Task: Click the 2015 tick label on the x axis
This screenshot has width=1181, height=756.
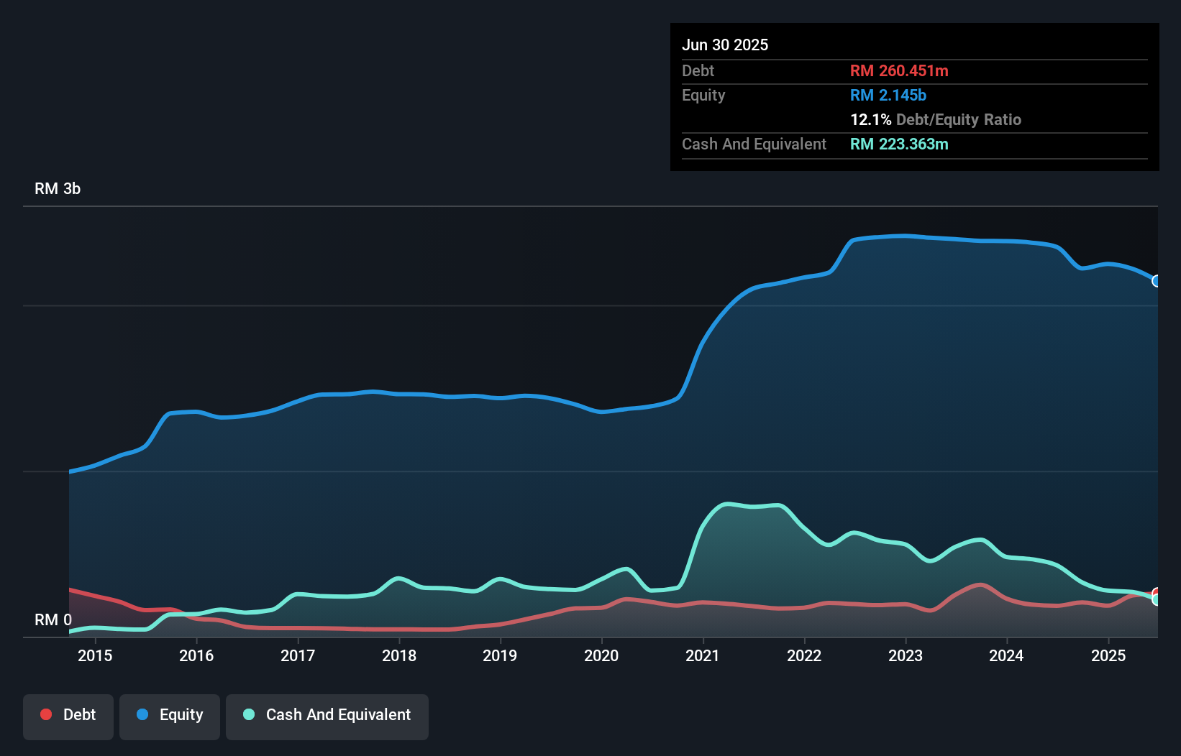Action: pos(95,655)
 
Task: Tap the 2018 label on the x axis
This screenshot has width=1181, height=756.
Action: pos(399,655)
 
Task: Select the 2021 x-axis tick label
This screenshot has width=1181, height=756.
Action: pos(703,655)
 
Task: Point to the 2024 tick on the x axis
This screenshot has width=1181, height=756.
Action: pos(1006,655)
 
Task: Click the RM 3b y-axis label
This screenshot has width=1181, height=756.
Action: pos(58,189)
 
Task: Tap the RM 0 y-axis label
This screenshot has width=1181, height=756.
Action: pos(53,619)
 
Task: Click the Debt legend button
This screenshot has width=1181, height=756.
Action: pos(68,715)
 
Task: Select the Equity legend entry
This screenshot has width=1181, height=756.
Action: pos(170,715)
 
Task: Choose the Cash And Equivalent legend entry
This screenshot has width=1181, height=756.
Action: pos(327,715)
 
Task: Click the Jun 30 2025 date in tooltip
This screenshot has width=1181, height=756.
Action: pos(725,45)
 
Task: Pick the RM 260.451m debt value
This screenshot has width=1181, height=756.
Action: pos(899,71)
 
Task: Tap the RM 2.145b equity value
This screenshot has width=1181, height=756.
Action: pos(888,96)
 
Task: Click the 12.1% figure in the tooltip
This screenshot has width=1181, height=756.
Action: pos(870,120)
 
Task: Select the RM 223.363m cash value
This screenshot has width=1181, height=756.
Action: pos(899,144)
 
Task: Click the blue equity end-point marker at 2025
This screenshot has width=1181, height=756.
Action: pos(1156,281)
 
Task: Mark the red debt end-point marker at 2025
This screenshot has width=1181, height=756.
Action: pos(1157,594)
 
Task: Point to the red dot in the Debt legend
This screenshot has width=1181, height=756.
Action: pos(46,714)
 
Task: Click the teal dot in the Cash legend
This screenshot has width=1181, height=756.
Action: pos(249,714)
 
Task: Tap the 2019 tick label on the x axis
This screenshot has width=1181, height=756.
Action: pos(500,655)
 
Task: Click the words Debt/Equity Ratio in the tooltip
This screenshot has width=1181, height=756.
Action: pos(959,120)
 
